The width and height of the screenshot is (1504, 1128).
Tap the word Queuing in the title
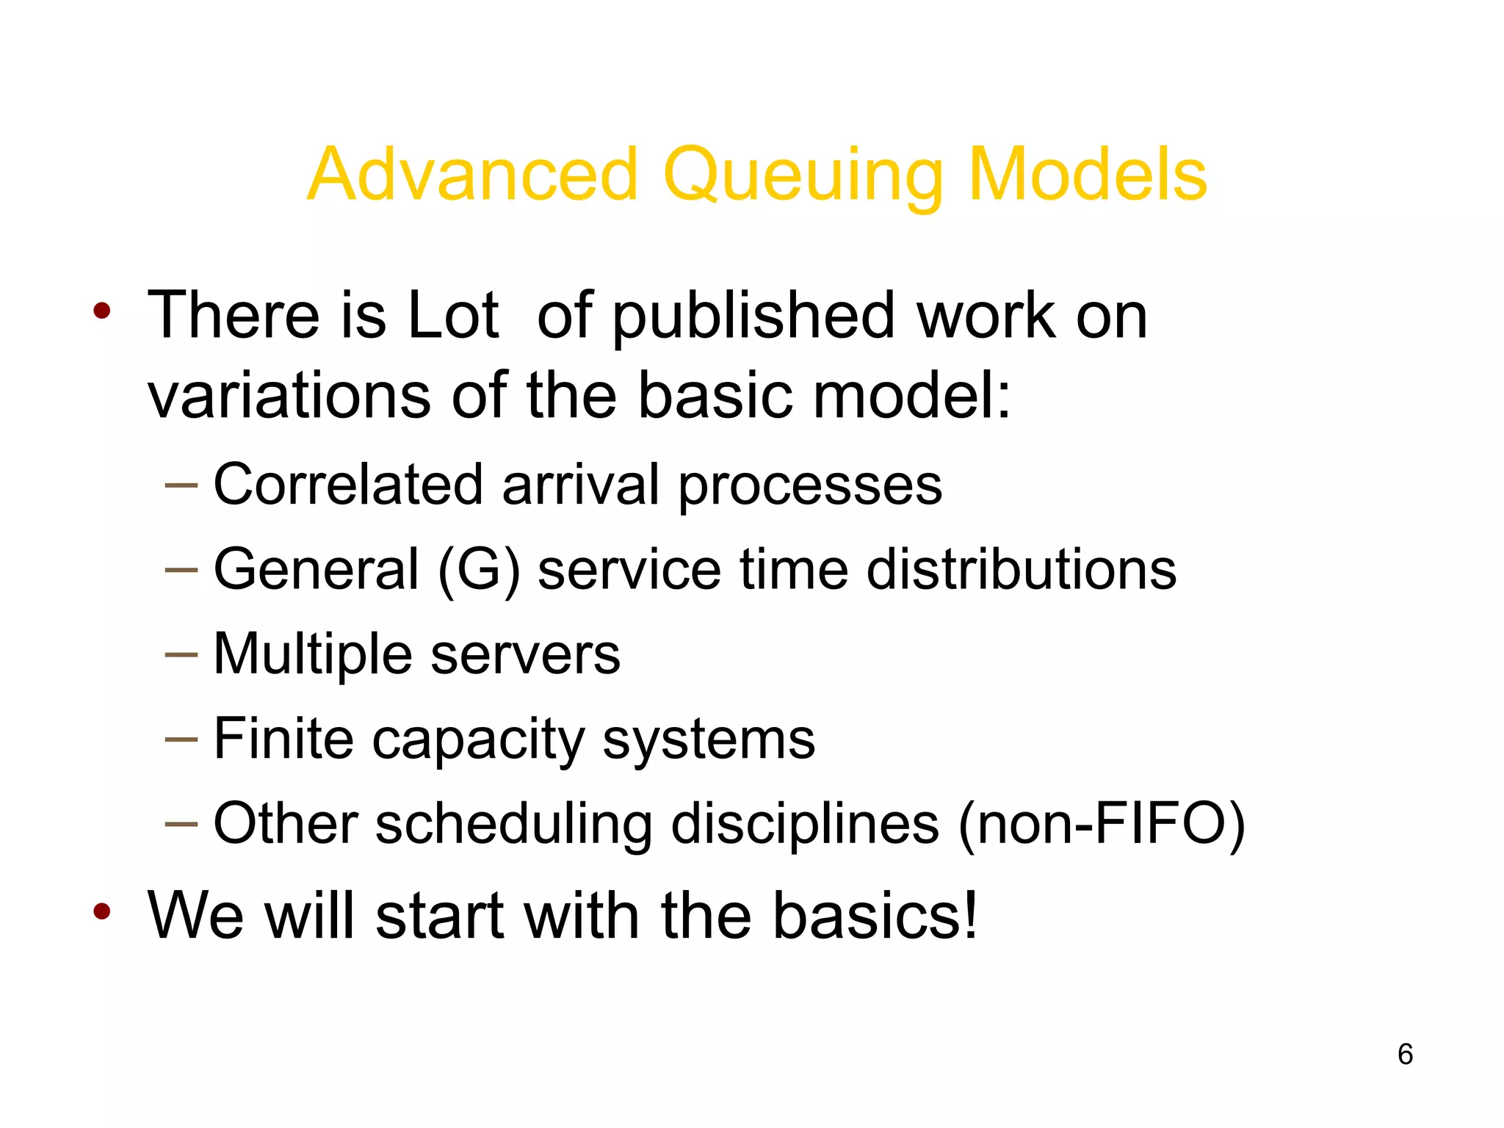tap(802, 176)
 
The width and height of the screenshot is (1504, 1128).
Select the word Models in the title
tap(1087, 175)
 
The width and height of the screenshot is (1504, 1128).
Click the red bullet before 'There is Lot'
tap(102, 311)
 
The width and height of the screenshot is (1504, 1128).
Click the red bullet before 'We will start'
tap(102, 911)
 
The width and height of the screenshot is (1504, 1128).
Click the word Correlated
tap(348, 485)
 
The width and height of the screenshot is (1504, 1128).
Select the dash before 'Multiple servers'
tap(181, 654)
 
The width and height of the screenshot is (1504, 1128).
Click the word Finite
tap(283, 738)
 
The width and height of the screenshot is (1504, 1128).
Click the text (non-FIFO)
tap(1102, 824)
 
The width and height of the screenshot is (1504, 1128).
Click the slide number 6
tap(1405, 1054)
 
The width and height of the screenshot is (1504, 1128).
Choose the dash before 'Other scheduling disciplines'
tap(181, 824)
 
